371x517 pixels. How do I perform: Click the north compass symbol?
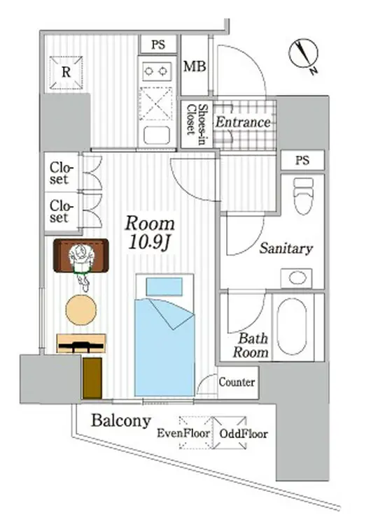(x=304, y=55)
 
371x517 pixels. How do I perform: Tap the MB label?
(x=195, y=66)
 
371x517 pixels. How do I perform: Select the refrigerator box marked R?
(x=66, y=73)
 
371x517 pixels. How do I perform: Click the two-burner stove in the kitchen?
(x=157, y=71)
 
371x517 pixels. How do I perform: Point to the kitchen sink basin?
(x=157, y=135)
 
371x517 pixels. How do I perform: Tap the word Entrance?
(x=243, y=122)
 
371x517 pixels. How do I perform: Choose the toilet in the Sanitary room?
(x=303, y=196)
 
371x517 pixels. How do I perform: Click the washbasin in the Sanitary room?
(x=297, y=278)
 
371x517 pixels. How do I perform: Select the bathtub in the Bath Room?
(x=292, y=326)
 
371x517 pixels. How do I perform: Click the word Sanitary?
(x=286, y=248)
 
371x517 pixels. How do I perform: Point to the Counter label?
(x=237, y=382)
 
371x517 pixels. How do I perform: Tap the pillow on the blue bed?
(x=164, y=286)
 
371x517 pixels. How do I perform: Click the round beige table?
(x=81, y=310)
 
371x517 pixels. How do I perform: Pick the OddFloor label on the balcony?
(x=244, y=434)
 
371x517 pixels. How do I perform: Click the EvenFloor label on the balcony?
(x=183, y=433)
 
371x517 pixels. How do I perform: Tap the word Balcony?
(x=121, y=421)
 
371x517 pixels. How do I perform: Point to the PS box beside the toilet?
(x=302, y=160)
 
